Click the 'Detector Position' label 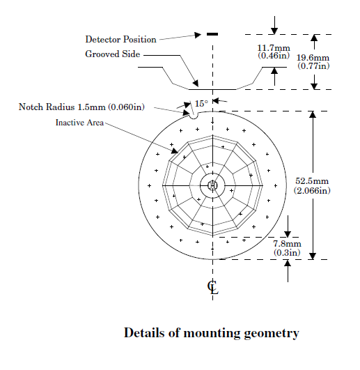coord(120,40)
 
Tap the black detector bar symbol coord(212,34)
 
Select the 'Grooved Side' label coord(112,54)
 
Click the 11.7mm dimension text coord(274,48)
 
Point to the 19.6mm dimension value coord(313,58)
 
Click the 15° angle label coord(201,104)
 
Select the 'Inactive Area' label coord(79,123)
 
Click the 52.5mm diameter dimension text coord(312,181)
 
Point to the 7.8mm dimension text coord(287,243)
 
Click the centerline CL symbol coord(213,287)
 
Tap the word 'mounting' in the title coord(211,334)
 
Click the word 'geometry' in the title coord(272,334)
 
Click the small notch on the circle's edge coord(194,116)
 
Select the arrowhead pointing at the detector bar coord(198,35)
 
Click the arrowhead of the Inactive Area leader coord(175,151)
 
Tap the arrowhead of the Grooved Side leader coord(196,84)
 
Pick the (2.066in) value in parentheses coord(312,190)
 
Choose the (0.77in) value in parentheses coord(313,66)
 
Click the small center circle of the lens coord(212,185)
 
